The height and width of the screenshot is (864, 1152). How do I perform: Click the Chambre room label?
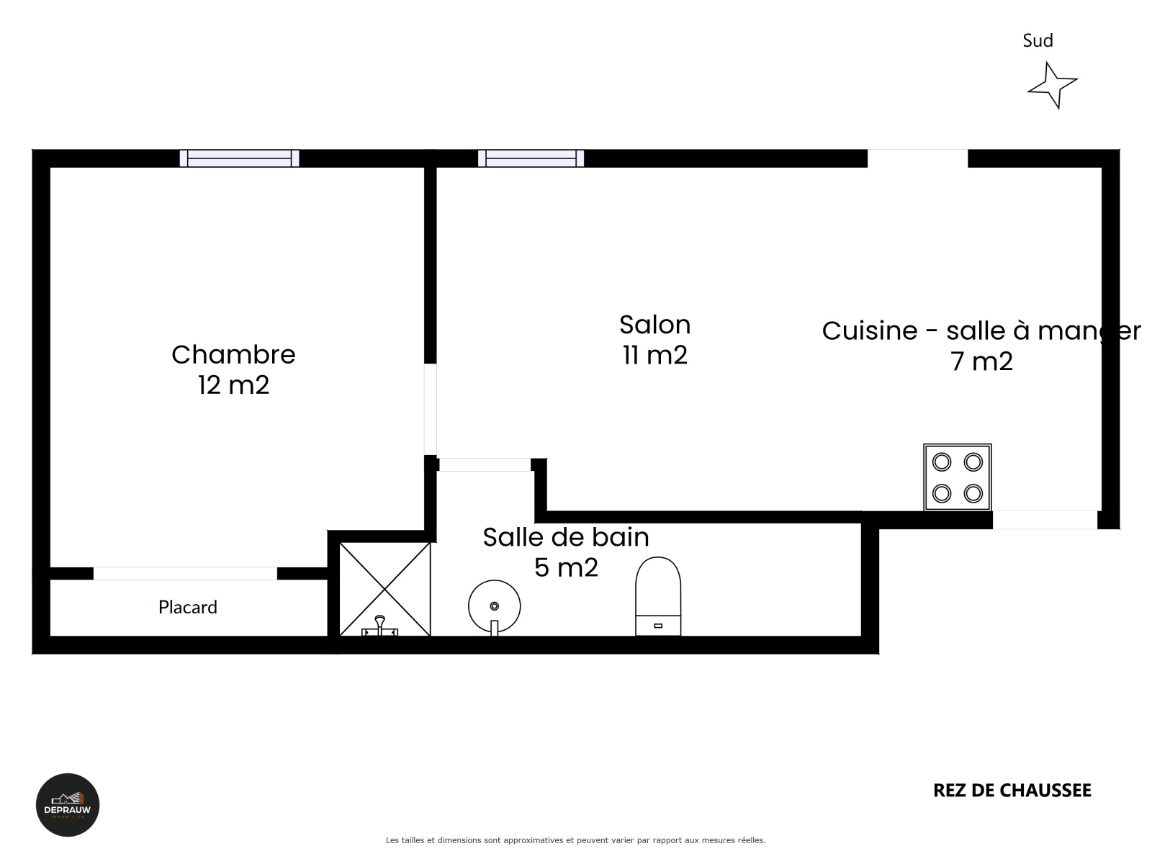coord(233,355)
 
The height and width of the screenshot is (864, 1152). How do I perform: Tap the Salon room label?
coord(654,325)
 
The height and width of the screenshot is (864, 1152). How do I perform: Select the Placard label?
coord(187,607)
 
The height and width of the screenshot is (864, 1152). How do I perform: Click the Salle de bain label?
coord(566,537)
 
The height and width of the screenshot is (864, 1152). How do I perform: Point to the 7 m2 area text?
coord(981,361)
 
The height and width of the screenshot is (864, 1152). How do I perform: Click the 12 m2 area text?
coord(233,385)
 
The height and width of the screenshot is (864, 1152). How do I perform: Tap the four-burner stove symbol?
coord(958,477)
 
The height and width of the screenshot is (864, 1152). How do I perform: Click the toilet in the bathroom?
coord(658,596)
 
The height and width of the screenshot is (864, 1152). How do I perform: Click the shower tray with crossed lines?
coord(384,590)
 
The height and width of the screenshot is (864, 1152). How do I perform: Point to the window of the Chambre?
coord(239,158)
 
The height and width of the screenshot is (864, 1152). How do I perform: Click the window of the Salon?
coord(531,158)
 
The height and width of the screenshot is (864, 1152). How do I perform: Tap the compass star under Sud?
coord(1053,86)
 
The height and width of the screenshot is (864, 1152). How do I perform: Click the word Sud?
coord(1038,40)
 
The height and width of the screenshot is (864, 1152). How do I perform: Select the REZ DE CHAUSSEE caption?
coord(1012,790)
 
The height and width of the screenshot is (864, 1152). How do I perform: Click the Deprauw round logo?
coord(68,805)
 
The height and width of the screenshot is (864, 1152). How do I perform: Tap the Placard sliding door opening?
coord(185,573)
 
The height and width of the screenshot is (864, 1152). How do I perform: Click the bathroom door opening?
coord(485,464)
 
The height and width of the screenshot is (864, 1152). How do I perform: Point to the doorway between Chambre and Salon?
coord(431,409)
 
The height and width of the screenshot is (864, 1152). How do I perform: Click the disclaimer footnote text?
coord(575,840)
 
